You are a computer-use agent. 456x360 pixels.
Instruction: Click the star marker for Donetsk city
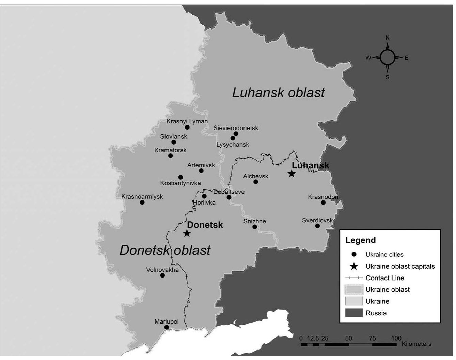pyautogui.click(x=187, y=234)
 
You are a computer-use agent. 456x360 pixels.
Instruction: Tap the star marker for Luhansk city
pyautogui.click(x=292, y=174)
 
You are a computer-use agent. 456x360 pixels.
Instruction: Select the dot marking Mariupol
pyautogui.click(x=167, y=327)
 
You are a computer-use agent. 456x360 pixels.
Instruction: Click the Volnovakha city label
pyautogui.click(x=162, y=270)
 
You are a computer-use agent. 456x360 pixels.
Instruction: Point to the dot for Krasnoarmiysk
pyautogui.click(x=142, y=202)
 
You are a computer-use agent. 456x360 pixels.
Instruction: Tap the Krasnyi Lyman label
pyautogui.click(x=187, y=121)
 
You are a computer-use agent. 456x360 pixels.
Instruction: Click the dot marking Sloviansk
pyautogui.click(x=174, y=142)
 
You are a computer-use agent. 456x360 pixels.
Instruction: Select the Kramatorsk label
pyautogui.click(x=170, y=150)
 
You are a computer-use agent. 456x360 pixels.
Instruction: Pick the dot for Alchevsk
pyautogui.click(x=256, y=182)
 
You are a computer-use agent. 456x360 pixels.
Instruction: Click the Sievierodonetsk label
pyautogui.click(x=236, y=128)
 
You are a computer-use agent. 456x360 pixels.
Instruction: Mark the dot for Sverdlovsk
pyautogui.click(x=317, y=226)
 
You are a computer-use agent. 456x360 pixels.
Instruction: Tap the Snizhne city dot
pyautogui.click(x=255, y=227)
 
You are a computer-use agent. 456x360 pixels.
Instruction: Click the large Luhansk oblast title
pyautogui.click(x=278, y=93)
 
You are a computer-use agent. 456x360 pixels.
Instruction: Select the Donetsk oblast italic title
pyautogui.click(x=165, y=250)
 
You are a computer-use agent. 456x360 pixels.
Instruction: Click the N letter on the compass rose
pyautogui.click(x=388, y=38)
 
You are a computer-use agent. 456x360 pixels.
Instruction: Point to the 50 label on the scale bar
pyautogui.click(x=348, y=339)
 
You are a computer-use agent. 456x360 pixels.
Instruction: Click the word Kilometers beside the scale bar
pyautogui.click(x=416, y=344)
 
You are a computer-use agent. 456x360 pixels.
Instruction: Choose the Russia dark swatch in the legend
pyautogui.click(x=354, y=313)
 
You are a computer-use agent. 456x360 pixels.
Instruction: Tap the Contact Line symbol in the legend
pyautogui.click(x=354, y=278)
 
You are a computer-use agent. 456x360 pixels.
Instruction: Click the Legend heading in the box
pyautogui.click(x=360, y=240)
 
